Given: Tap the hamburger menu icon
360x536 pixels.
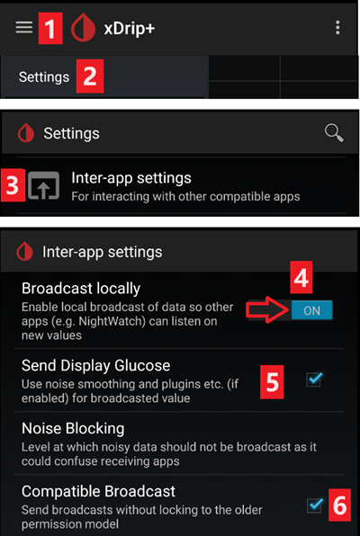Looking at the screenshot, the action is (24, 28).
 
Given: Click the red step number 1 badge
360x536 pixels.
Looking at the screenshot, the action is (50, 28).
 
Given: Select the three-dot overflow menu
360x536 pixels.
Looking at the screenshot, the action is (337, 27).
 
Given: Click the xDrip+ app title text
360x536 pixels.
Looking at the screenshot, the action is (130, 29).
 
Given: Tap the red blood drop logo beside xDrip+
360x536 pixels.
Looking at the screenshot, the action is (83, 28).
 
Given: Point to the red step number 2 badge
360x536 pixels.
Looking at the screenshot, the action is (90, 76).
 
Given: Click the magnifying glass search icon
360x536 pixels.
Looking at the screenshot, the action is (334, 133).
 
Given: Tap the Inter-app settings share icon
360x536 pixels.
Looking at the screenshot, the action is (43, 185).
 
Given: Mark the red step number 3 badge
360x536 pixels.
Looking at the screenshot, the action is (13, 185).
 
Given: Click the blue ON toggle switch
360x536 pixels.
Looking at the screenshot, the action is (311, 310).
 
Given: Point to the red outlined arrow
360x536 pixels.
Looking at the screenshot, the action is (268, 309).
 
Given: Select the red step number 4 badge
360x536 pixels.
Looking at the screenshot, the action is (301, 277).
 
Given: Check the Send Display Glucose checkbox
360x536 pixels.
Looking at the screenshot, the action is (314, 380).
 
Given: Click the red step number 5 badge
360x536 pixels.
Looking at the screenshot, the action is (272, 381).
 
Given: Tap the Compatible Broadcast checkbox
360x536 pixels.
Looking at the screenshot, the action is (314, 505).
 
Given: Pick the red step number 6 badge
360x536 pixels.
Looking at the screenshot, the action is (340, 505).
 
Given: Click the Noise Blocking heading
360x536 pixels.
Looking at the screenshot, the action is (73, 428).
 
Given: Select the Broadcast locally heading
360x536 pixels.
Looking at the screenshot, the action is (81, 289).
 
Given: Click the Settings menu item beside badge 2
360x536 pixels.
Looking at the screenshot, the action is (44, 77).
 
